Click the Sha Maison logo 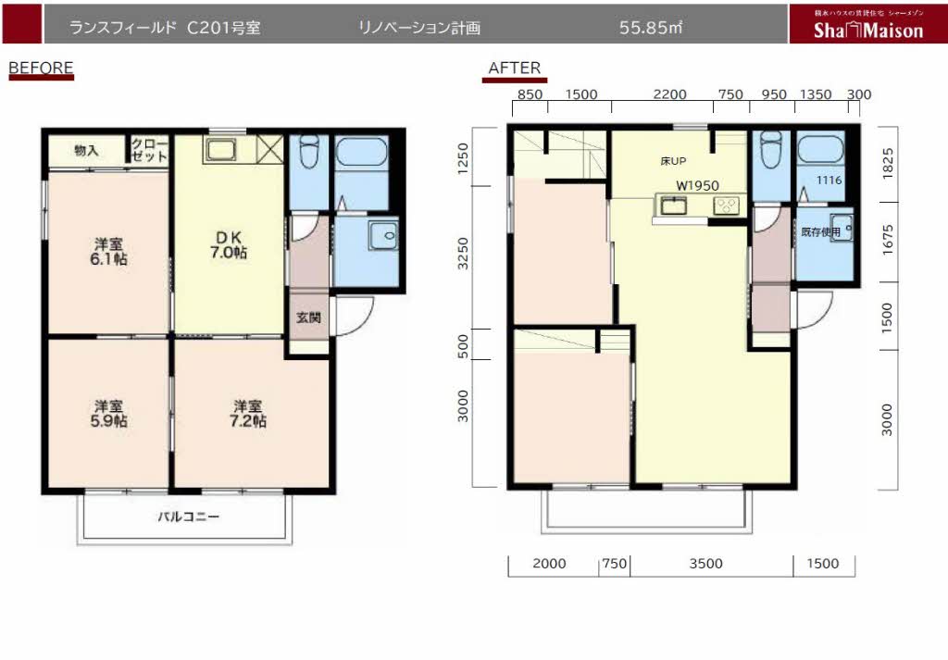click(x=867, y=30)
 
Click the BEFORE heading click(x=40, y=68)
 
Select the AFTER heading click(x=514, y=68)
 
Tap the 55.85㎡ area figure click(x=650, y=28)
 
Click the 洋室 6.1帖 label click(x=109, y=252)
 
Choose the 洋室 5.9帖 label click(x=109, y=413)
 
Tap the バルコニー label click(x=188, y=517)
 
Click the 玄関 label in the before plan click(x=308, y=318)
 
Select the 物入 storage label click(x=86, y=150)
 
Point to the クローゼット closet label click(x=149, y=150)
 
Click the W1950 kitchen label click(x=697, y=185)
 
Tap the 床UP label click(x=672, y=161)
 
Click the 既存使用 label click(x=820, y=232)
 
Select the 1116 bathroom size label click(x=829, y=181)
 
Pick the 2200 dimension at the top click(x=669, y=94)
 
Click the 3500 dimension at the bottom click(x=705, y=563)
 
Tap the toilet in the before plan click(x=309, y=151)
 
